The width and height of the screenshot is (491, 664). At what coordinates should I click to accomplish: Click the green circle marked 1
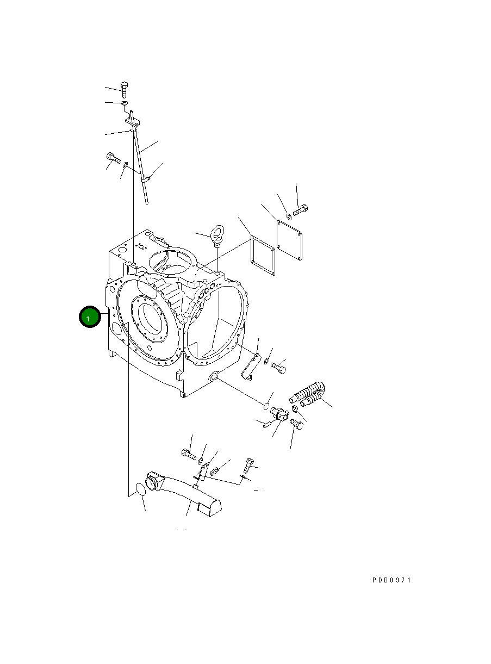(x=90, y=317)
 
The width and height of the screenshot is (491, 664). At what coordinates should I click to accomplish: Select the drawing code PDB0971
(x=391, y=580)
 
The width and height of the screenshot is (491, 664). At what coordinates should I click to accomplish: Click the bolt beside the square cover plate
(x=301, y=209)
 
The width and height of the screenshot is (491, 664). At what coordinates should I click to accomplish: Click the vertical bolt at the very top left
(x=125, y=90)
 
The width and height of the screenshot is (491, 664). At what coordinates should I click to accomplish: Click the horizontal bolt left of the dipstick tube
(x=113, y=158)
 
